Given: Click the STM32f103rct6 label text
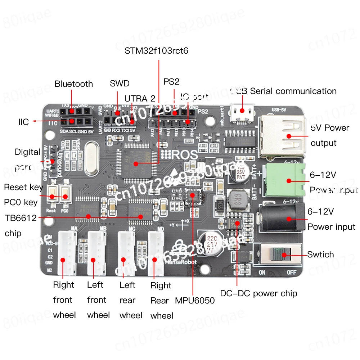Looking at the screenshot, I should [x=156, y=51].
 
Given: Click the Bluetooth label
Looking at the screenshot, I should [x=73, y=84].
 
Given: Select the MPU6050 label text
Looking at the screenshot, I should [x=195, y=300].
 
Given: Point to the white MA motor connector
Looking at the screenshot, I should [x=67, y=252].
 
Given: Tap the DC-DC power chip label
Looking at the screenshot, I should [x=258, y=293].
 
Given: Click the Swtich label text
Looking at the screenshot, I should [x=320, y=255].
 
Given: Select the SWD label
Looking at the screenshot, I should [x=120, y=84].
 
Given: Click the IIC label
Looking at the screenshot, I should [x=24, y=122].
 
